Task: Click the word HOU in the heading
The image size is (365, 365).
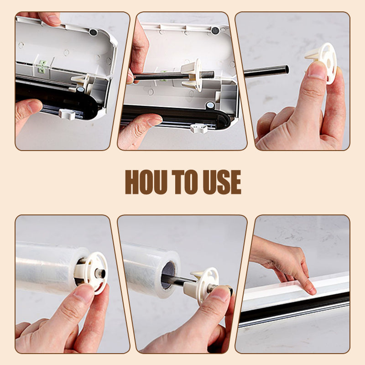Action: click(146, 182)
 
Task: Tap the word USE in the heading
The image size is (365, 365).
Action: click(222, 182)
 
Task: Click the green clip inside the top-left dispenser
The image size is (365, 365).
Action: click(42, 66)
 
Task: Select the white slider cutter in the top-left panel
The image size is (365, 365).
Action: click(67, 115)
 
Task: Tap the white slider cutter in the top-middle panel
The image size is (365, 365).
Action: click(199, 129)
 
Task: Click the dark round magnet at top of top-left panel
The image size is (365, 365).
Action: click(94, 32)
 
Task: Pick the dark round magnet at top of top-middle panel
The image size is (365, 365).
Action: click(215, 31)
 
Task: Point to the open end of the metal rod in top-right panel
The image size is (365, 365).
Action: click(287, 69)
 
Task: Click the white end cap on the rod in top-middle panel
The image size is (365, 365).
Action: click(193, 75)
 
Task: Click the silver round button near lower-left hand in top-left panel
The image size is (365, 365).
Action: click(81, 89)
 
